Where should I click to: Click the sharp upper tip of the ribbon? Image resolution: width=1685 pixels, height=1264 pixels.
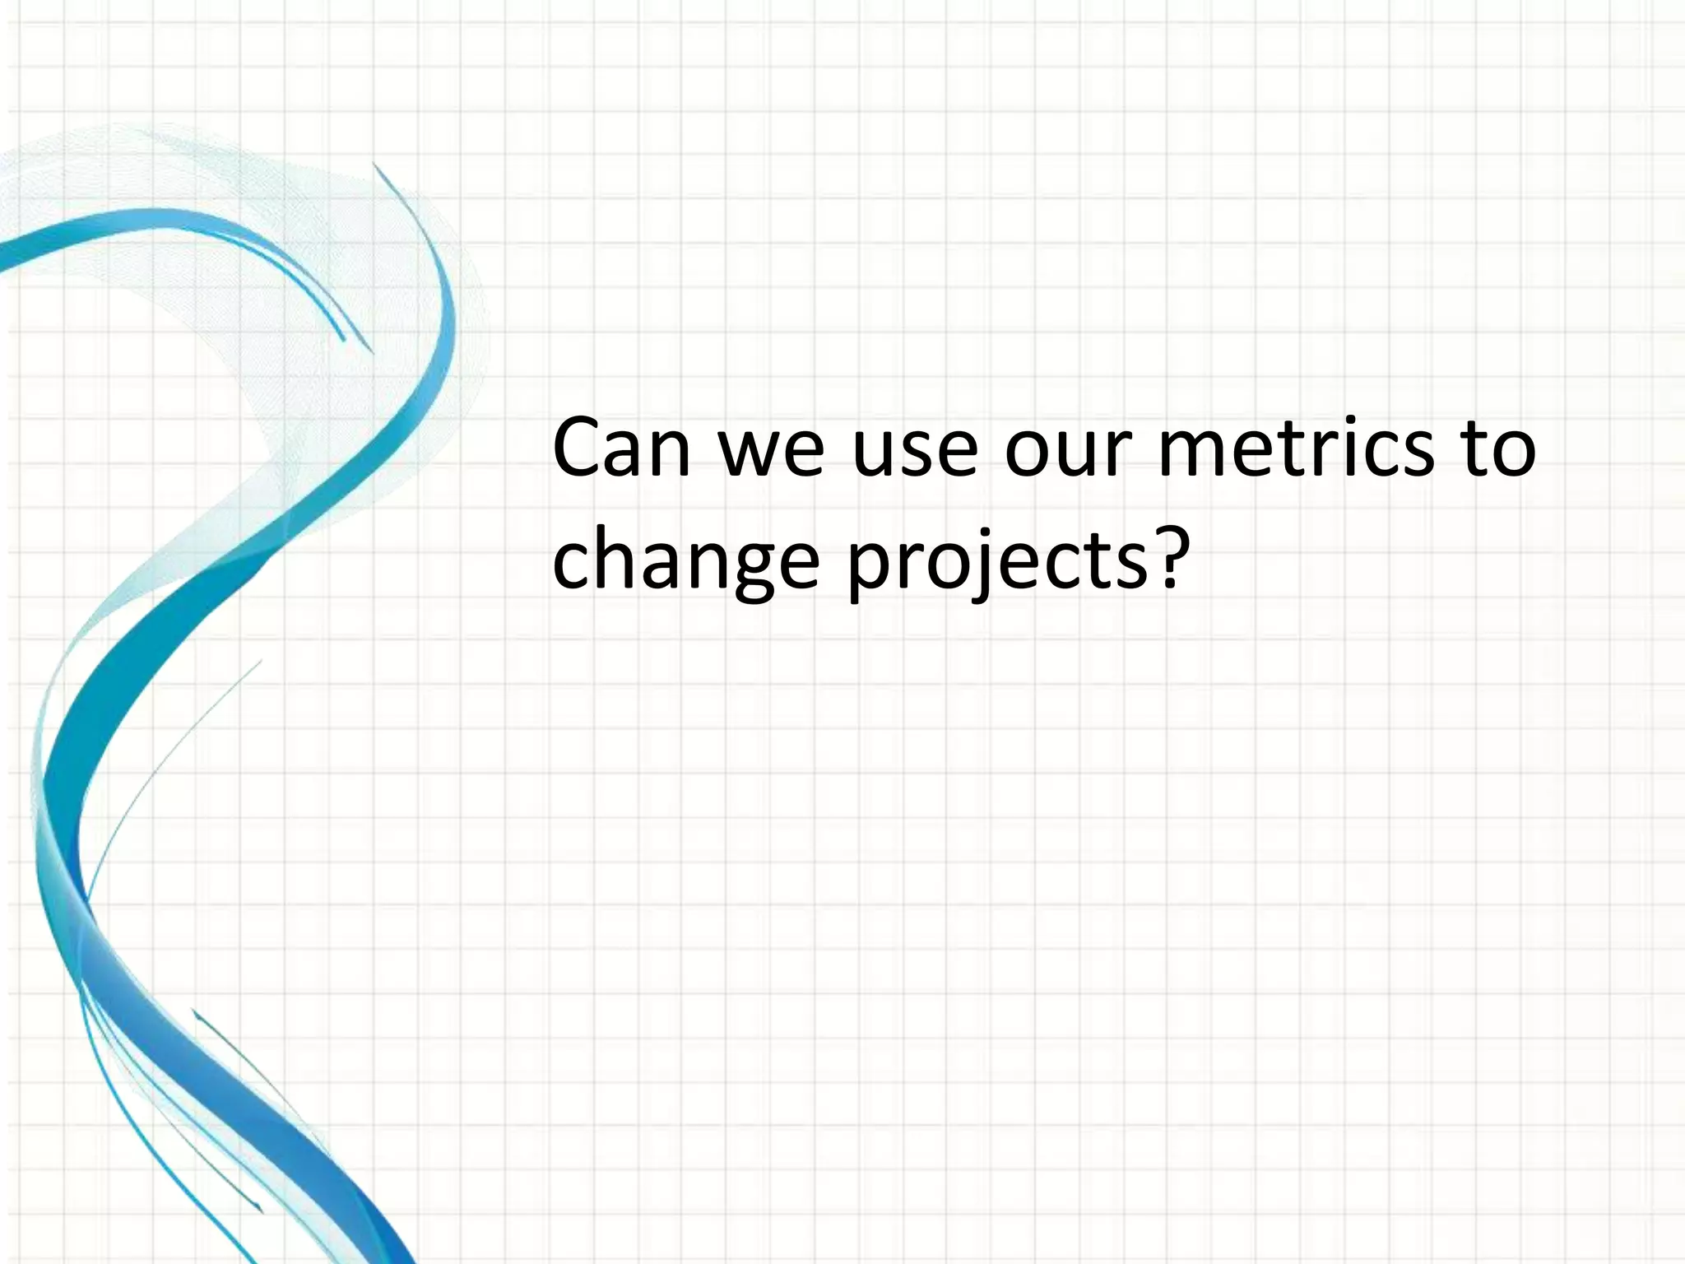374,164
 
